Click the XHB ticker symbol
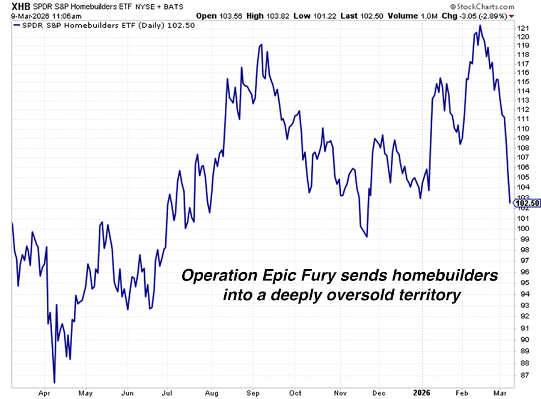click(x=12, y=5)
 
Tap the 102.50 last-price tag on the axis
click(x=527, y=203)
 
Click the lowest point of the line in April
click(x=54, y=382)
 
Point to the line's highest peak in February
click(x=480, y=25)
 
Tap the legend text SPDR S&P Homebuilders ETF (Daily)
click(x=87, y=26)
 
